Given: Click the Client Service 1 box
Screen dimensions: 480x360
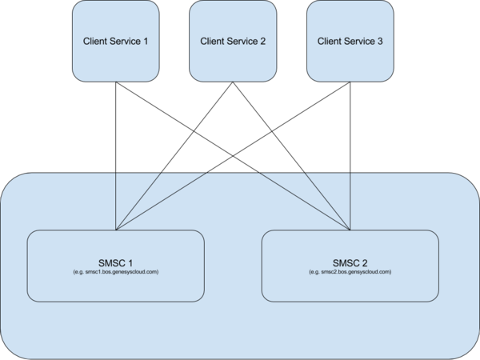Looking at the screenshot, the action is click(116, 41).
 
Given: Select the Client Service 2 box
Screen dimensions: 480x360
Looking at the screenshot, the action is click(233, 41).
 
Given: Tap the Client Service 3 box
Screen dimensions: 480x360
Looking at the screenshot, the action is click(350, 41).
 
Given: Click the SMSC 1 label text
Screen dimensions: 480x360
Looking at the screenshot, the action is click(116, 263).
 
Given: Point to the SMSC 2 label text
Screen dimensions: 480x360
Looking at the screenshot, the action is click(350, 263).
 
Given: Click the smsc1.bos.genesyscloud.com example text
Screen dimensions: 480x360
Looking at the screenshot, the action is click(116, 272).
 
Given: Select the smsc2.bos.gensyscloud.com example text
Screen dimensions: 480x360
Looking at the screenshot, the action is click(350, 272).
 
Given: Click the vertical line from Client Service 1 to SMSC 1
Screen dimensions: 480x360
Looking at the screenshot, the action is click(116, 156).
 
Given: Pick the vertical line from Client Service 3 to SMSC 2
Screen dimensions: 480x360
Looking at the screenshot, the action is click(350, 156).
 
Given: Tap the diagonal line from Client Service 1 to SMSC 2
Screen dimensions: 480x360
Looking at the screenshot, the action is click(233, 156).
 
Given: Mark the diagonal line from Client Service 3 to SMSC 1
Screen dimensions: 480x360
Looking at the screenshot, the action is click(233, 156).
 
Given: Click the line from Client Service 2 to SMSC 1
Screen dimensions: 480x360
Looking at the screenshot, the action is click(174, 156).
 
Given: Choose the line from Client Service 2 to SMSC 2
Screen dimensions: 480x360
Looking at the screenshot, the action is click(291, 156).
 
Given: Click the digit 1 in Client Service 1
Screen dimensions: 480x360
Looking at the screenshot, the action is click(146, 41).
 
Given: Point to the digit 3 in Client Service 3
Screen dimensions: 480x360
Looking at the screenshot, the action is click(380, 41).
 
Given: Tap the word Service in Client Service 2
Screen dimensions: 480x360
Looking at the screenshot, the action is click(240, 41).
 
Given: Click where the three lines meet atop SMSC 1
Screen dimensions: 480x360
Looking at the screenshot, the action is click(116, 230).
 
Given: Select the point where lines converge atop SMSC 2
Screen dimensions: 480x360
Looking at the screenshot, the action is click(350, 230).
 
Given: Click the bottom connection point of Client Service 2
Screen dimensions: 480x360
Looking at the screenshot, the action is click(233, 82).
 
